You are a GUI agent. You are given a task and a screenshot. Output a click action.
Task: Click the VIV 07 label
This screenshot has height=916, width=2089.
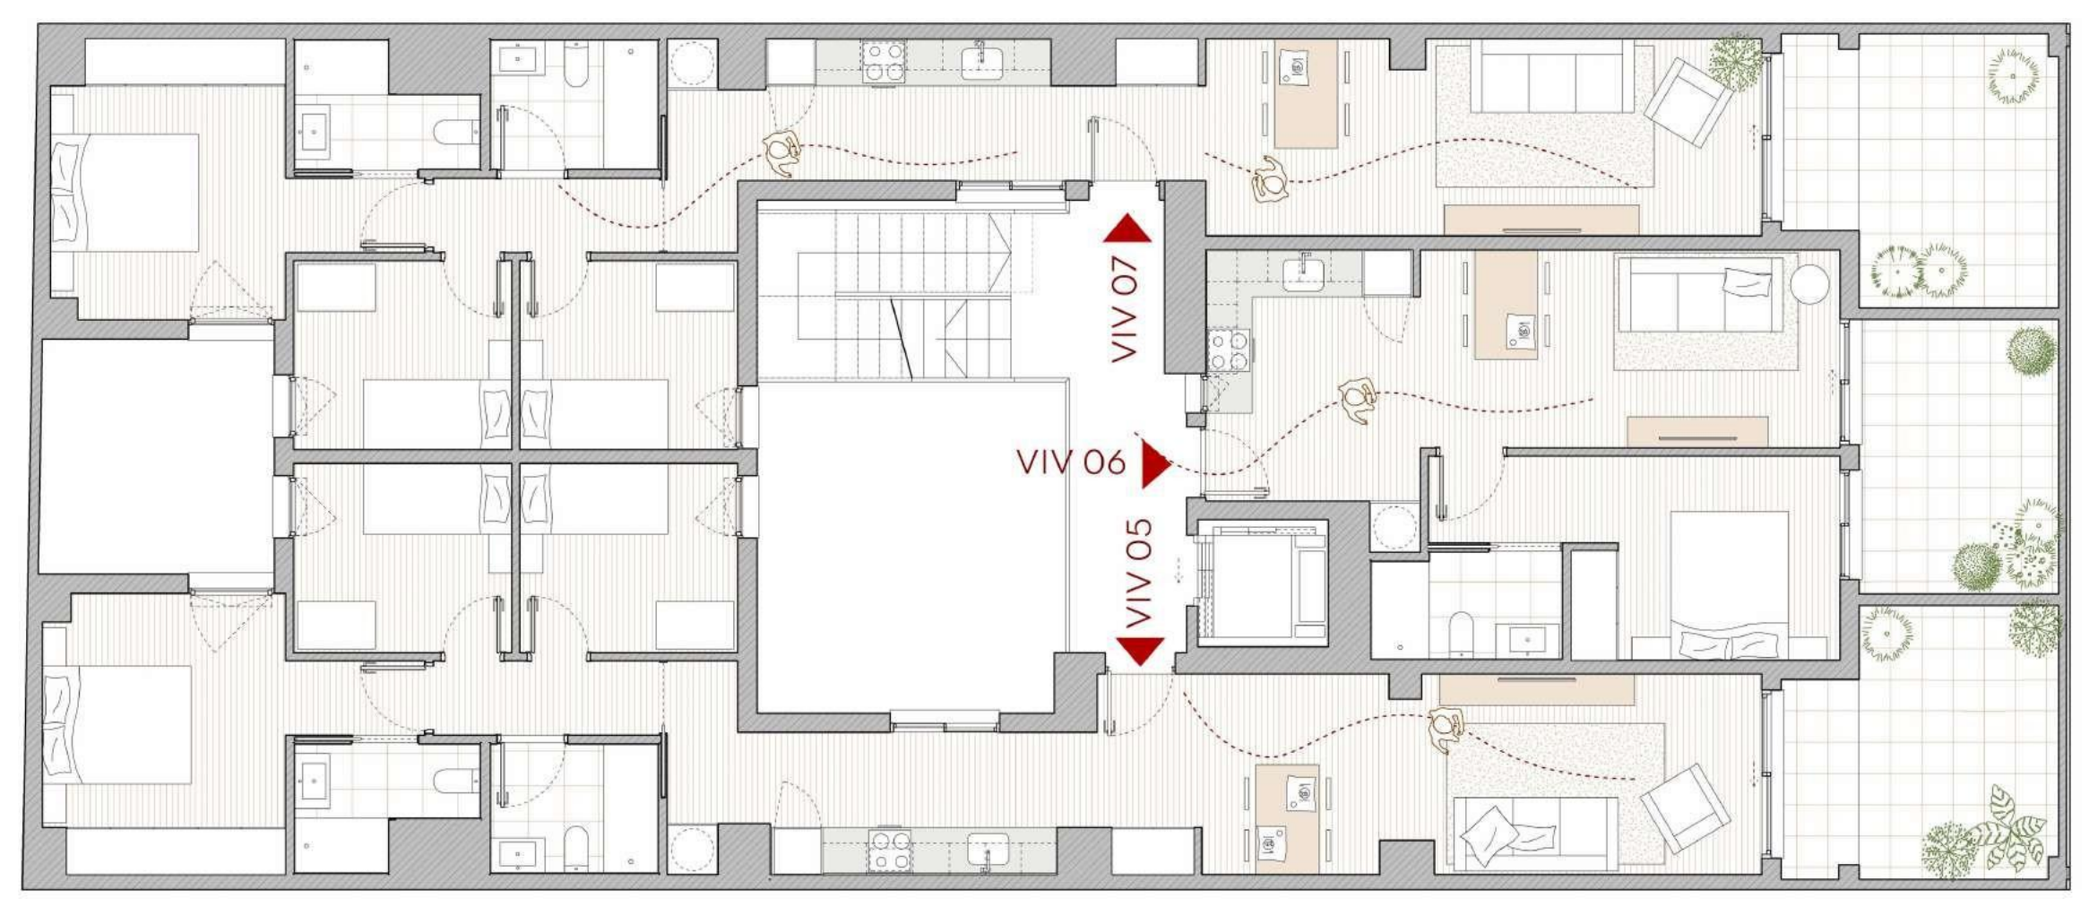[1124, 309]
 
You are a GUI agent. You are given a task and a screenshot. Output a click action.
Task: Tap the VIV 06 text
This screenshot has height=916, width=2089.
[1070, 462]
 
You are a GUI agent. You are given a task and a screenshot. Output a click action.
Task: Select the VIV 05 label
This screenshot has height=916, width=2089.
[1138, 574]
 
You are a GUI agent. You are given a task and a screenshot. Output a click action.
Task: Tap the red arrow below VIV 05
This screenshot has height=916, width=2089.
[1140, 650]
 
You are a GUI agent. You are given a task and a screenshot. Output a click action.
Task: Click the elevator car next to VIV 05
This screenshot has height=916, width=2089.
[1262, 582]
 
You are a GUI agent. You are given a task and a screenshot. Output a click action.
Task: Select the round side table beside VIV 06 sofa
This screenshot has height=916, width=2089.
[1809, 283]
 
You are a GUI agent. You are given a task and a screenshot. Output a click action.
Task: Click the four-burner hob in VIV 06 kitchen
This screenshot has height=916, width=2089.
[1228, 350]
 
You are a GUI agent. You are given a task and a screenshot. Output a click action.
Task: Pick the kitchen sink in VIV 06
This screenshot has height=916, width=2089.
[1304, 272]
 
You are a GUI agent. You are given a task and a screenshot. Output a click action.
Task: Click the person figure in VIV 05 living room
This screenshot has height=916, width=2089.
[1445, 729]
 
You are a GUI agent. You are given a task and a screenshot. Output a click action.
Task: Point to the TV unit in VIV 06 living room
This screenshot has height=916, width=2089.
[1697, 431]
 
